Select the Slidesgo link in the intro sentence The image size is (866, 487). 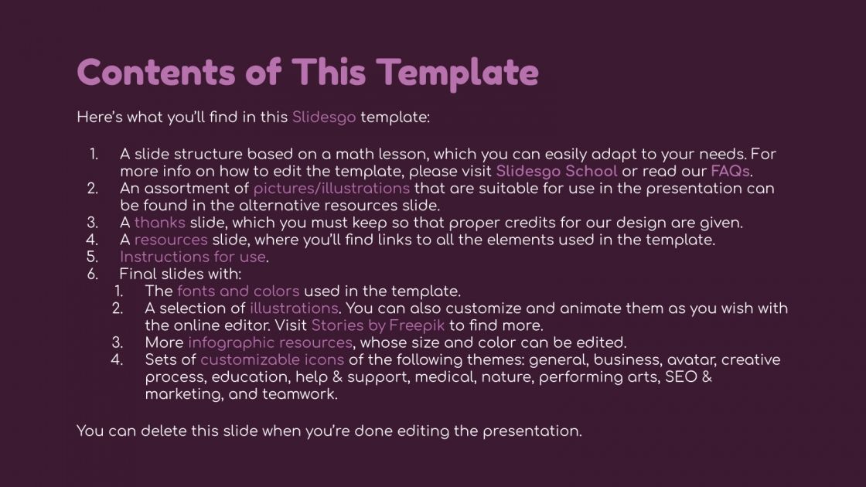point(324,118)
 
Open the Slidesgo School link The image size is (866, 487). point(557,171)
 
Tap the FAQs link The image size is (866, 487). point(730,171)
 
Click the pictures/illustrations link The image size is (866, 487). point(331,189)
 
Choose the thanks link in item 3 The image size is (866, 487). point(160,223)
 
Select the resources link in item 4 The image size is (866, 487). point(171,240)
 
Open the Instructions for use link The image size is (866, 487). point(193,257)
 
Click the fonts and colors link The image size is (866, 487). point(238,291)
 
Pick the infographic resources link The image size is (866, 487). point(270,342)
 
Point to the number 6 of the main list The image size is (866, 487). point(93,274)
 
